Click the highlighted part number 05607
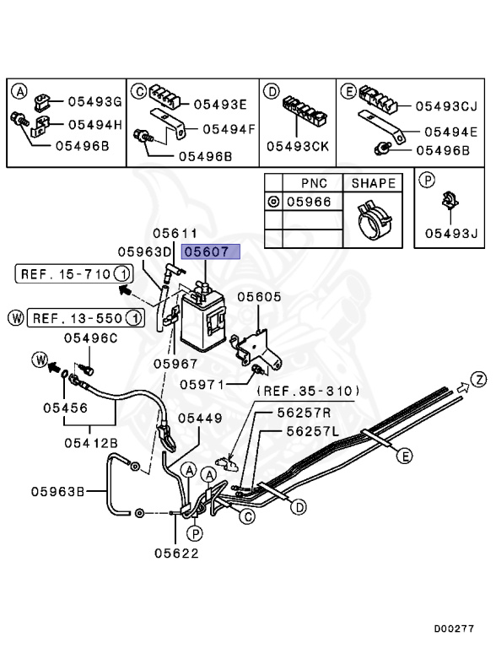pyautogui.click(x=212, y=251)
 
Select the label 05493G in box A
pyautogui.click(x=94, y=101)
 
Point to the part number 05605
pyautogui.click(x=259, y=297)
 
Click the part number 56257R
pyautogui.click(x=305, y=413)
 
